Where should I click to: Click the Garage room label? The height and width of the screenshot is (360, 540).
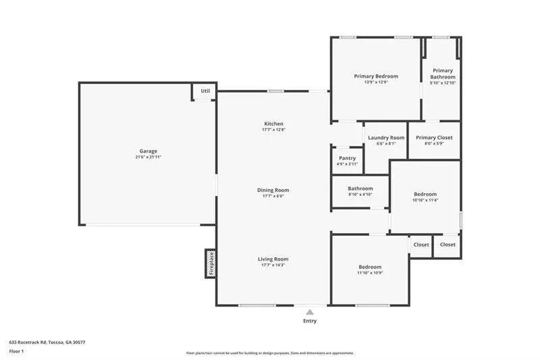click(148, 151)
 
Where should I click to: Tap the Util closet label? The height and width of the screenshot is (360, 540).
click(205, 91)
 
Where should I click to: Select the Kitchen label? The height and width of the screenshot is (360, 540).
click(273, 124)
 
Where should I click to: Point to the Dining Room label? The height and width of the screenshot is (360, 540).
click(273, 190)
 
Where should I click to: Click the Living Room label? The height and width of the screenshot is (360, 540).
click(273, 259)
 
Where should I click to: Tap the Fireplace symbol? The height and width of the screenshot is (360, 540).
click(211, 263)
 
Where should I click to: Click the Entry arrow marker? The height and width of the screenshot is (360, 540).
click(310, 312)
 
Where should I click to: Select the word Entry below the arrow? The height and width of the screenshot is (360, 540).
click(310, 321)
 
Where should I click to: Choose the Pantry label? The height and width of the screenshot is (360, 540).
click(347, 158)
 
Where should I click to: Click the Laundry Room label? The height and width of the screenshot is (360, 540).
click(386, 137)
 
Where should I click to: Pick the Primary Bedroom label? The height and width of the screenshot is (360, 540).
click(376, 76)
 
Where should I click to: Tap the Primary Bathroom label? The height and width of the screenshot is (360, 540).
click(443, 74)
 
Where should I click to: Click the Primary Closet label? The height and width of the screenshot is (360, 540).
click(434, 137)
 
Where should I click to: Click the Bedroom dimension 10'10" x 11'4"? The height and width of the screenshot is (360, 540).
click(425, 200)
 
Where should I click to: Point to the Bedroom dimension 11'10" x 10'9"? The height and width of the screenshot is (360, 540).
click(370, 273)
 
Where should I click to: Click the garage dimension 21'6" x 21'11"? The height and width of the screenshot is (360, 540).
click(148, 157)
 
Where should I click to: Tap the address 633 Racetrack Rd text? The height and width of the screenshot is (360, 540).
click(47, 342)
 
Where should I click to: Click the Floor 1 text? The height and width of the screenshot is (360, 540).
click(17, 351)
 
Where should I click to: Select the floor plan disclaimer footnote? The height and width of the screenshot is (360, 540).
click(270, 353)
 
